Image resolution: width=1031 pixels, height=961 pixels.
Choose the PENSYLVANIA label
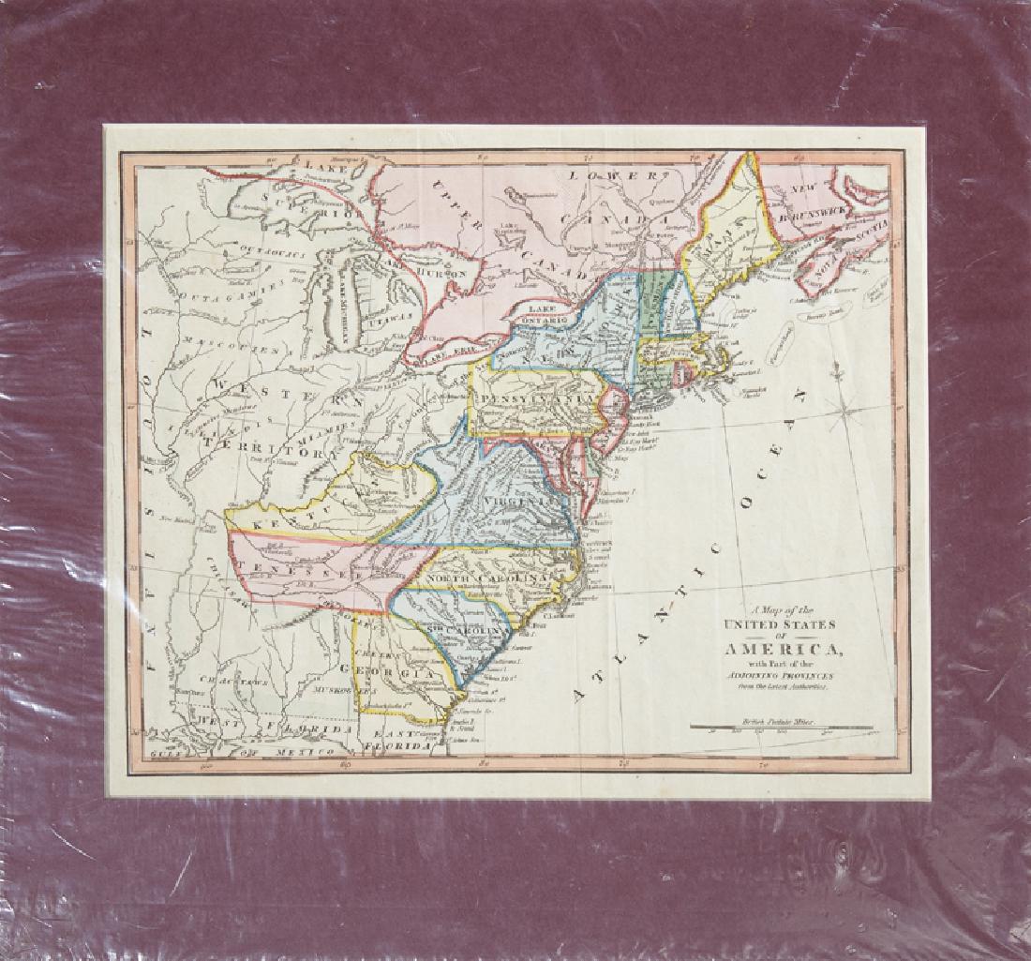537,398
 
